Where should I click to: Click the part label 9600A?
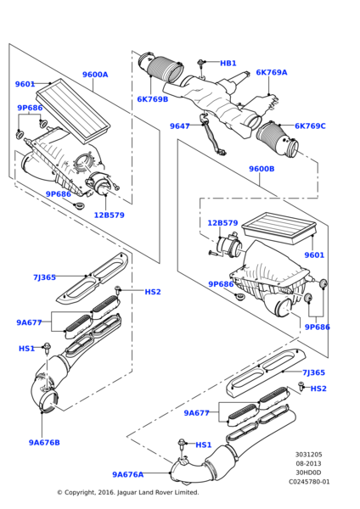tap(95, 75)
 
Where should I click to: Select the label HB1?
tap(228, 64)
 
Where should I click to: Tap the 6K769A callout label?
tap(272, 72)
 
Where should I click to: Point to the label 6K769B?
tap(152, 99)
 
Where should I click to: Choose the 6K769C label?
tap(310, 126)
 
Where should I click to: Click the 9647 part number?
tap(180, 126)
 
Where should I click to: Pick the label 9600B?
tap(262, 169)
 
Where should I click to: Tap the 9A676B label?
tap(44, 443)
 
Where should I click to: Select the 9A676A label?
tap(127, 474)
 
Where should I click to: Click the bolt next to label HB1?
tap(201, 64)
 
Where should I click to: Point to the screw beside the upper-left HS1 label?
tap(48, 348)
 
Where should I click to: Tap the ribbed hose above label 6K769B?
tap(161, 69)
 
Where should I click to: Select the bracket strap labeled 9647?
tap(211, 134)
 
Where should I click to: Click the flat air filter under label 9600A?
tap(73, 110)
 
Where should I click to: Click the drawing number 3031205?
tap(309, 455)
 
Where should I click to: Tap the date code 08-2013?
tap(308, 463)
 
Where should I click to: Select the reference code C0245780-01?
tap(309, 482)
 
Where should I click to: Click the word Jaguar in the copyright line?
tap(127, 492)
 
